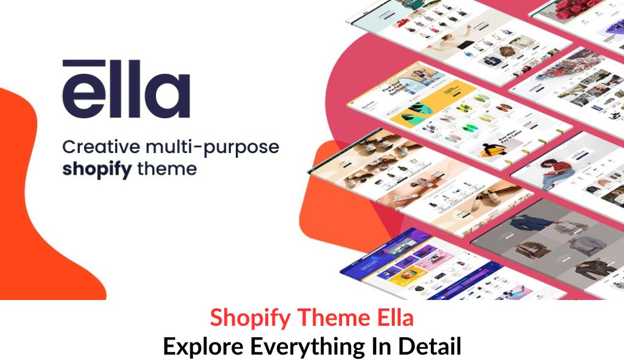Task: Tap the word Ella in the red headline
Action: click(x=392, y=318)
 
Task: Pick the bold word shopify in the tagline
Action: click(x=97, y=170)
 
